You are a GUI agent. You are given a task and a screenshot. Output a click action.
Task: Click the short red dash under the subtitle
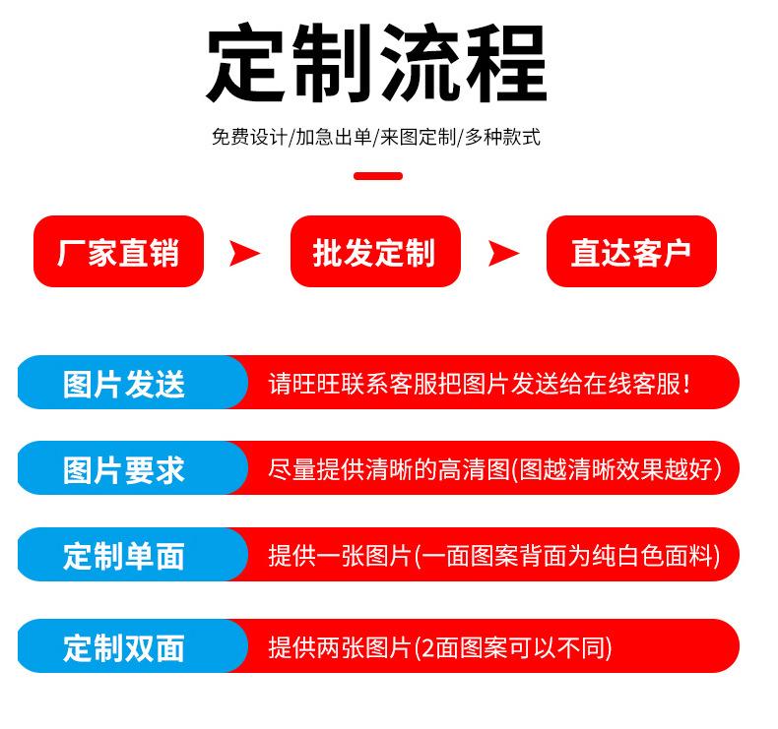click(x=378, y=176)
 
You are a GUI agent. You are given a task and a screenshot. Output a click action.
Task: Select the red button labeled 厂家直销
click(x=118, y=252)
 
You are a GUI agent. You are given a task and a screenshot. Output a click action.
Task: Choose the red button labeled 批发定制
click(x=374, y=252)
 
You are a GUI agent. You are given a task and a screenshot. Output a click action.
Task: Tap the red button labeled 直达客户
click(x=630, y=252)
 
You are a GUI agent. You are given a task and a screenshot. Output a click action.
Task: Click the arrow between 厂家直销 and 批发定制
click(x=244, y=253)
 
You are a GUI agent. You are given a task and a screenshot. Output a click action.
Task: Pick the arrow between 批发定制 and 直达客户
click(x=502, y=253)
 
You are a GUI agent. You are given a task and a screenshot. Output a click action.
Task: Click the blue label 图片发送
click(x=124, y=384)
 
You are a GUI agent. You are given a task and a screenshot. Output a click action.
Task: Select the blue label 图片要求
click(x=124, y=469)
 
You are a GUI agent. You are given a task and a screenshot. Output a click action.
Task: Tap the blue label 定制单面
click(x=124, y=556)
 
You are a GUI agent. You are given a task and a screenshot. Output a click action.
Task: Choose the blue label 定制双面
click(x=124, y=647)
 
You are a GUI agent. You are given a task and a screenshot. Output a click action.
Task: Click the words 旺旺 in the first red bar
click(x=316, y=384)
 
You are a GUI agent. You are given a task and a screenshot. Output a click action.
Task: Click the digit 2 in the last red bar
click(x=424, y=647)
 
